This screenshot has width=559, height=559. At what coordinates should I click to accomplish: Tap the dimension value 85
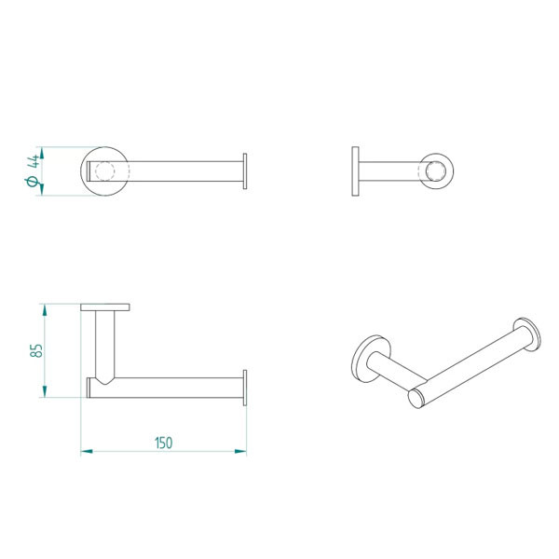pos(36,351)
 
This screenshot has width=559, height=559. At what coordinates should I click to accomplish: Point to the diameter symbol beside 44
pos(33,184)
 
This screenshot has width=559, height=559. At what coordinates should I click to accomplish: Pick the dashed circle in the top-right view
pos(436,172)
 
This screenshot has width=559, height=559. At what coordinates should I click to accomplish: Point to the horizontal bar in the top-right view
pos(391,172)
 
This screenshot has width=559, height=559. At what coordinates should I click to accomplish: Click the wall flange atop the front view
pos(105,307)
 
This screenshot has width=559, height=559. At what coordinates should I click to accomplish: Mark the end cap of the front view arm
pos(245,388)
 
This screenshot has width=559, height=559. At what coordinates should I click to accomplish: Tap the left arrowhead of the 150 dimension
pos(85,452)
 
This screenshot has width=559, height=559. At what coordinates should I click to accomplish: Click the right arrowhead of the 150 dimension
pos(242,452)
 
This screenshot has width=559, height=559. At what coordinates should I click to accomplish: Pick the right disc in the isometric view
pos(525,335)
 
